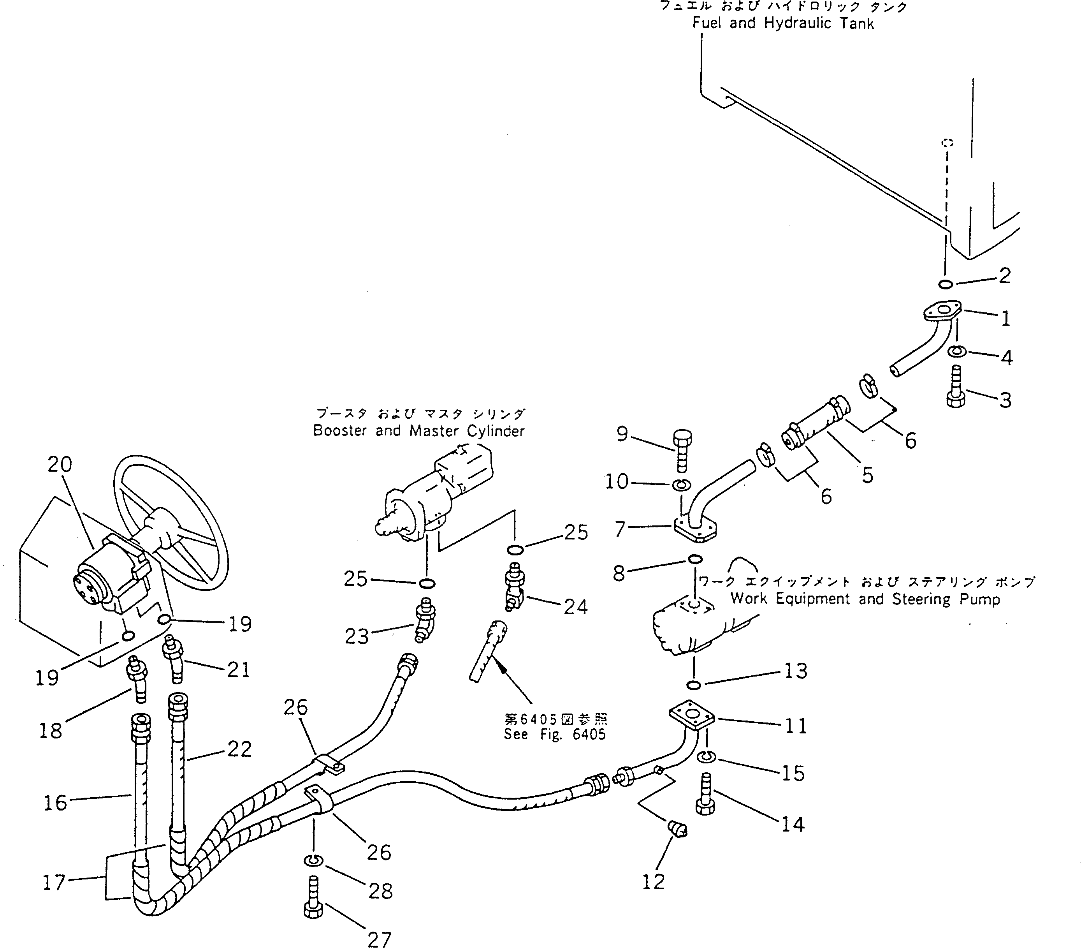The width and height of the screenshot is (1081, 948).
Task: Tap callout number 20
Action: (60, 465)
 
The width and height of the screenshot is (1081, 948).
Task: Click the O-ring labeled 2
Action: (946, 285)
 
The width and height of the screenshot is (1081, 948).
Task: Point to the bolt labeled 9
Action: (682, 450)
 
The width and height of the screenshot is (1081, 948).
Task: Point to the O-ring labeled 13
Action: (694, 685)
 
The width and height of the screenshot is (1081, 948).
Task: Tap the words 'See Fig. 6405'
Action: (554, 734)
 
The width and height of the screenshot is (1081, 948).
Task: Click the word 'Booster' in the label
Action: (340, 431)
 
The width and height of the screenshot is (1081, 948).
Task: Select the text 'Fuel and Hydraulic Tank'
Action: (782, 23)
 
